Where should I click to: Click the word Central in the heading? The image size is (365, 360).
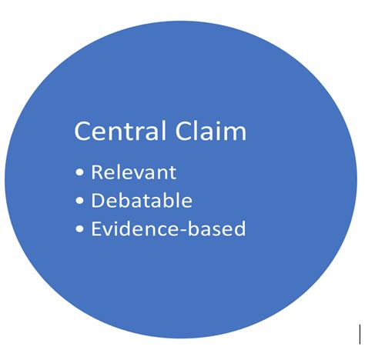tap(116, 131)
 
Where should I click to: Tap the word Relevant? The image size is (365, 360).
tap(134, 172)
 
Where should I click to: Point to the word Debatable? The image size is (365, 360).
tap(142, 201)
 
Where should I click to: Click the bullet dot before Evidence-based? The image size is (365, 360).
tap(80, 230)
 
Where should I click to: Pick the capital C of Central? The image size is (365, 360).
tap(82, 132)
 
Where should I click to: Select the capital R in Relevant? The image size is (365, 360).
tap(96, 172)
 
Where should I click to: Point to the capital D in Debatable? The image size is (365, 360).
tap(97, 201)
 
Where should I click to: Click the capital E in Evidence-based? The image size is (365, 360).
tap(95, 229)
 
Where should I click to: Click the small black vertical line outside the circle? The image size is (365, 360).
tap(360, 332)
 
